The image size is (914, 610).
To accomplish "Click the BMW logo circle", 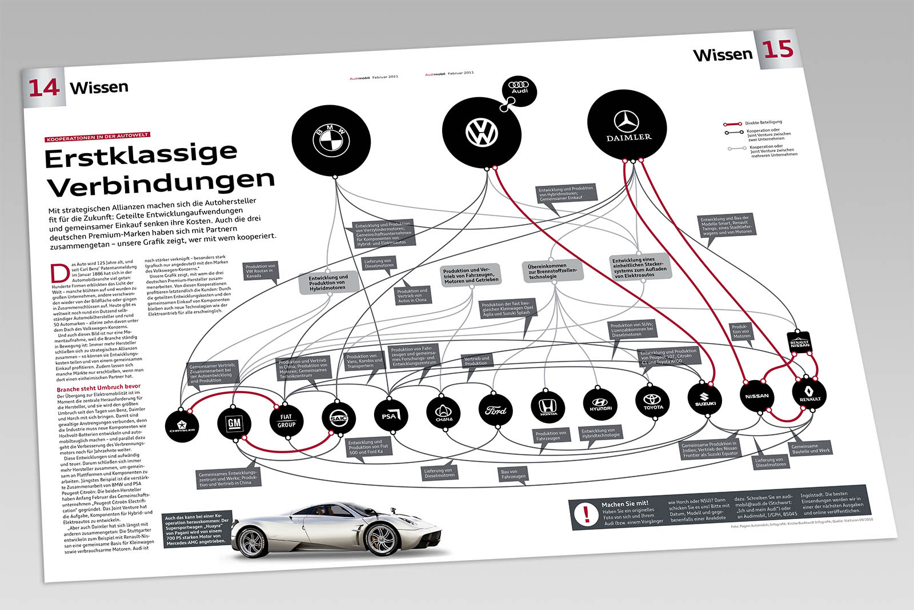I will [331, 139].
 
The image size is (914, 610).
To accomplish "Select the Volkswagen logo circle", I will [482, 133].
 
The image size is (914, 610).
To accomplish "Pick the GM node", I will [234, 423].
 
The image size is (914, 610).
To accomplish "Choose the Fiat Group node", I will [286, 421].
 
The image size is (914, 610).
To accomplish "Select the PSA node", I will [390, 416].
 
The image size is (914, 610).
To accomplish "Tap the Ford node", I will [495, 409].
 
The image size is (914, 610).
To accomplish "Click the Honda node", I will [548, 406].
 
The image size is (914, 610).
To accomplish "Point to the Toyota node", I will [652, 402].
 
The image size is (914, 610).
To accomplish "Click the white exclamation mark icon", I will [586, 513].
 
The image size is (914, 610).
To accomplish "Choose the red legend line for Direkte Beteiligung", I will [732, 123].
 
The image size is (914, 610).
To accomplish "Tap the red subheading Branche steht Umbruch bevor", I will [98, 388].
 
